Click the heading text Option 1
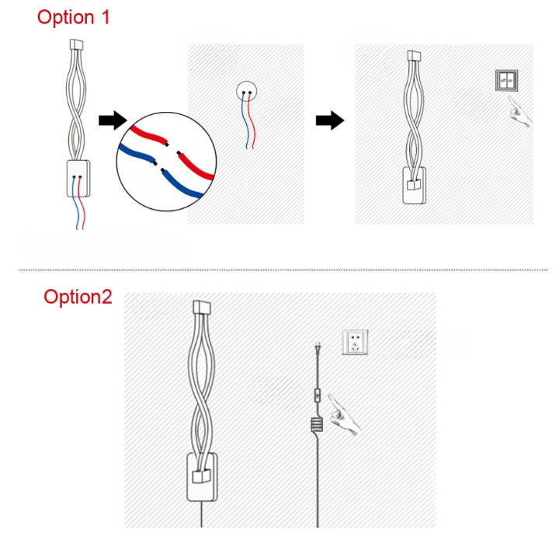click(74, 17)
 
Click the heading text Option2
click(78, 297)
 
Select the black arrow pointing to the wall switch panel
click(330, 120)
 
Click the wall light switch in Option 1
click(506, 80)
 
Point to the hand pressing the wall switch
click(521, 117)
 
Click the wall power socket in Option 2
click(356, 341)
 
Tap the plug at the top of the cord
click(317, 350)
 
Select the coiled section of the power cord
click(317, 426)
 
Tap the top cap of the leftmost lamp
click(76, 44)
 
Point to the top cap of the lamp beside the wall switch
click(414, 56)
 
